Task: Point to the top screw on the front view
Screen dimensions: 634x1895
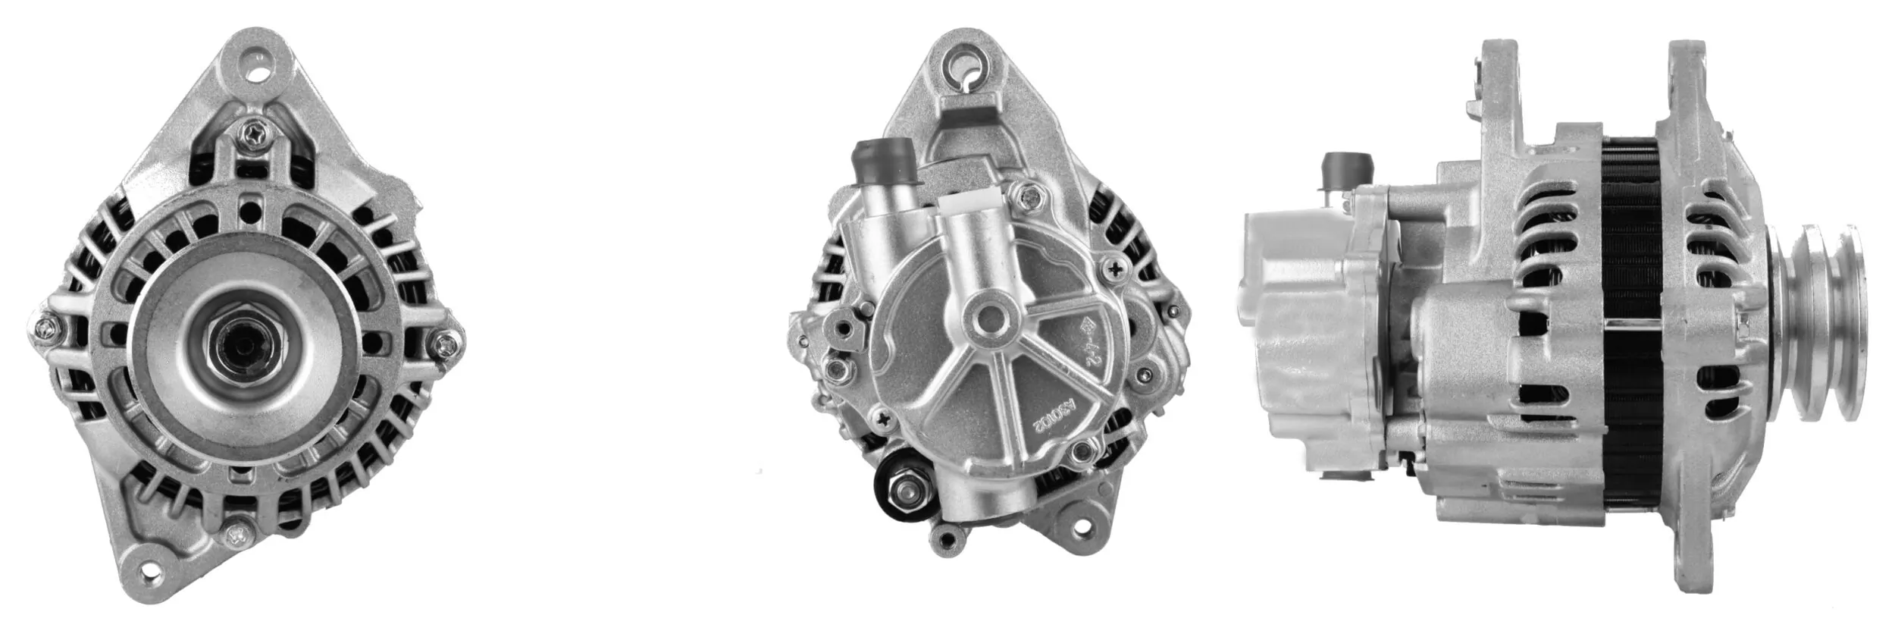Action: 249,136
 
